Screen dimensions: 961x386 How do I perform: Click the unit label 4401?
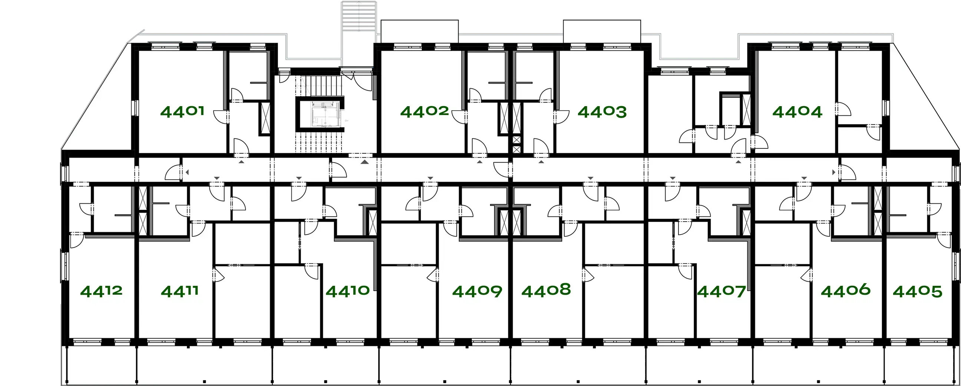[x=182, y=111]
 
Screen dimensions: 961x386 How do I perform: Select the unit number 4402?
[x=425, y=111]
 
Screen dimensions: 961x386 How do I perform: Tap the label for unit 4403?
[x=602, y=112]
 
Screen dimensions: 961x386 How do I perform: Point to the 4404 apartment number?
[x=797, y=112]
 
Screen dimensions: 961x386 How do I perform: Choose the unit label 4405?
[x=917, y=291]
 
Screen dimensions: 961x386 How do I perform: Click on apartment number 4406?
[x=845, y=290]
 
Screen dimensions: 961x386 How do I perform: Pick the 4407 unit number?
[x=721, y=291]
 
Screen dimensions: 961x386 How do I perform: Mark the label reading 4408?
[x=546, y=290]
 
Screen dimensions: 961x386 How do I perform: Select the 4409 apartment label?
[x=477, y=291]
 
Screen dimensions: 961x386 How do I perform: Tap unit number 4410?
[x=348, y=291]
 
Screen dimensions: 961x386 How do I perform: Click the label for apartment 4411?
[x=179, y=291]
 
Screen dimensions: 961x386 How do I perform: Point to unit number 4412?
[x=101, y=291]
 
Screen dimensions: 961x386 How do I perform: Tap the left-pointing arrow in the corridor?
[x=187, y=172]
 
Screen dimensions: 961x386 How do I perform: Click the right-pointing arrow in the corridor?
[x=834, y=172]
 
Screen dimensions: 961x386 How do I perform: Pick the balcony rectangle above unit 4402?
[x=419, y=31]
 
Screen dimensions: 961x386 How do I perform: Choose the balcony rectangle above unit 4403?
[x=602, y=31]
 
